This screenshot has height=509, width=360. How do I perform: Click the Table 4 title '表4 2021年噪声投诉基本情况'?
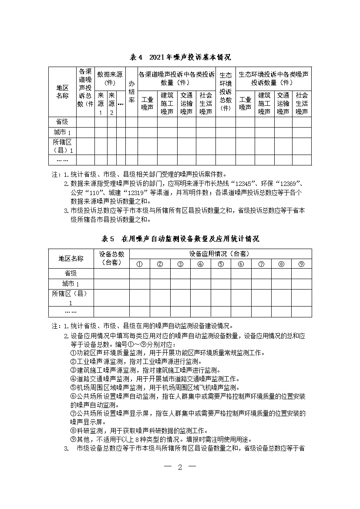(180, 57)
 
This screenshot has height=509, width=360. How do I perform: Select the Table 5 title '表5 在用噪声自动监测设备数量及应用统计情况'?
(180, 239)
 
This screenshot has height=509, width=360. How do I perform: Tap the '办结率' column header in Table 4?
(131, 92)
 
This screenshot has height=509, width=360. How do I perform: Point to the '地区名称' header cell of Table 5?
(71, 258)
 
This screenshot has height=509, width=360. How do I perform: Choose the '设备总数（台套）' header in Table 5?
(111, 258)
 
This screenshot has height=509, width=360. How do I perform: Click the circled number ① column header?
(140, 263)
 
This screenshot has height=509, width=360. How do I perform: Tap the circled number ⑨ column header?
(301, 263)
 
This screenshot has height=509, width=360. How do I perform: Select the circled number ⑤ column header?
(221, 263)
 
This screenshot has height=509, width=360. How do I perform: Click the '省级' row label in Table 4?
(62, 122)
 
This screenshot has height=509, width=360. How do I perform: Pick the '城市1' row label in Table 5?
(71, 284)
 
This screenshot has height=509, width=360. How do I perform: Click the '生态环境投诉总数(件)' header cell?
(225, 92)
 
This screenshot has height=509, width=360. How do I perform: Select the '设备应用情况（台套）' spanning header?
(220, 253)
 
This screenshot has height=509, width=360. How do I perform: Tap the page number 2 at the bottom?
(180, 468)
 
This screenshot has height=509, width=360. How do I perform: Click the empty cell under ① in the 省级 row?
(140, 273)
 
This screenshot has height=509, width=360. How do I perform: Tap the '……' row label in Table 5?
(71, 312)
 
